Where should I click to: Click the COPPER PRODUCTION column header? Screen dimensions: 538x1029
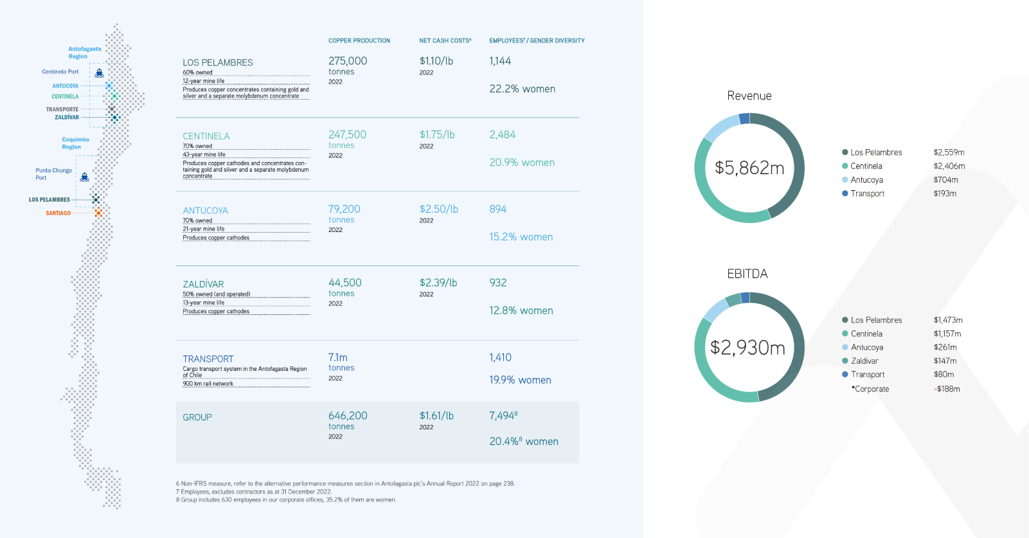(x=359, y=40)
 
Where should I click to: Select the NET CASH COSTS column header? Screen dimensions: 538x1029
(x=445, y=40)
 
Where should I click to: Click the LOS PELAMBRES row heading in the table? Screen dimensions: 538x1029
(x=218, y=62)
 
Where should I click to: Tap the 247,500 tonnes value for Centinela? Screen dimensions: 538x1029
(x=347, y=135)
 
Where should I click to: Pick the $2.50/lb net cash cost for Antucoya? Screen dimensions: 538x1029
(x=439, y=209)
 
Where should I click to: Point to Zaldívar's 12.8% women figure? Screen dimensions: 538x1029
(x=521, y=310)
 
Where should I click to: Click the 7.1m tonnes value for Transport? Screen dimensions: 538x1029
(x=338, y=357)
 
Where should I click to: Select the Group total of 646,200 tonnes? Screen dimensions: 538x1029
(x=348, y=416)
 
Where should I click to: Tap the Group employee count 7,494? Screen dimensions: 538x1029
(x=502, y=416)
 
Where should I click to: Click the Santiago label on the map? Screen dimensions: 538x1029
(x=58, y=213)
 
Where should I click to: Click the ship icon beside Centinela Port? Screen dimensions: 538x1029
(x=99, y=73)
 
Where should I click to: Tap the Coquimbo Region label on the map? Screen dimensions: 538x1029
(x=75, y=143)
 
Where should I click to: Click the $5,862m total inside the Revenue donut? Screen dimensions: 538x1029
(x=749, y=168)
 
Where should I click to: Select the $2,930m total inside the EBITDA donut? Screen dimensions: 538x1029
(x=747, y=348)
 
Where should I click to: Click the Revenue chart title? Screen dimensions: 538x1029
(x=749, y=96)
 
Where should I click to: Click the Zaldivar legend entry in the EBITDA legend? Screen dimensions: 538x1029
(x=864, y=361)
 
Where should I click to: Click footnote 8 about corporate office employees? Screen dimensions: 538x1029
(x=286, y=500)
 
